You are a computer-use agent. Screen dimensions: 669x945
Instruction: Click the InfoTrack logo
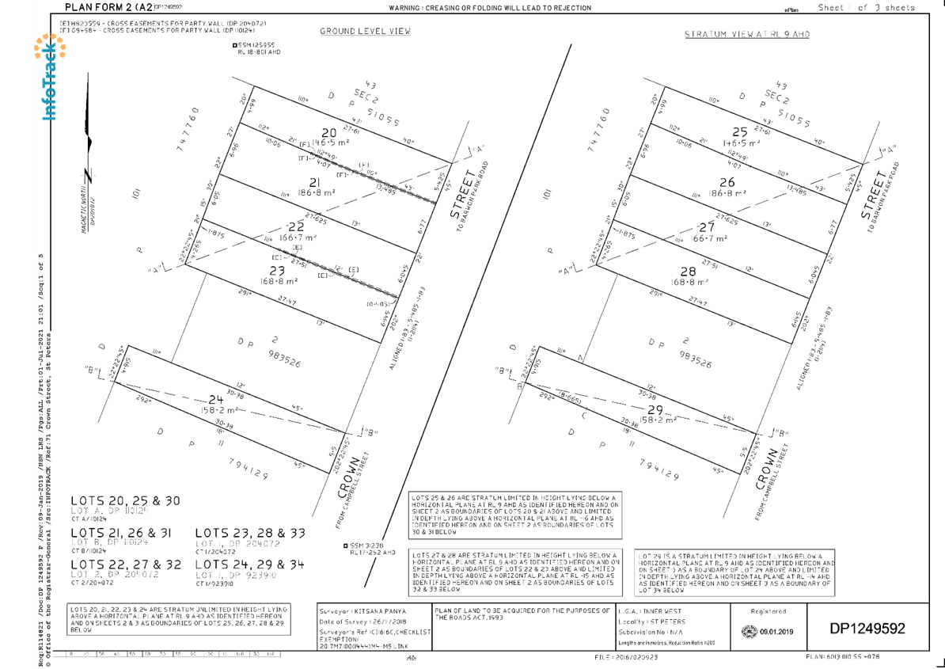[49, 77]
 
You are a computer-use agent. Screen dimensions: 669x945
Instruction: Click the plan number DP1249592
[867, 629]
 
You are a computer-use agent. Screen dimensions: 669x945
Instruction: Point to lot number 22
[296, 226]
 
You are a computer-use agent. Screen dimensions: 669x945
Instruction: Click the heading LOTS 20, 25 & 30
[125, 501]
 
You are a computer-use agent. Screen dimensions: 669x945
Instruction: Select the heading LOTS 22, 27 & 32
[125, 564]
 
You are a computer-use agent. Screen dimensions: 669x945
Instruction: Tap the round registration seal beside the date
[748, 632]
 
